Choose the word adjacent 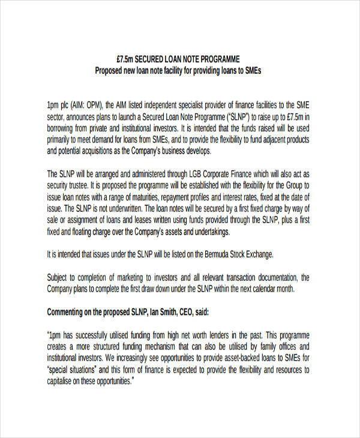click(256, 139)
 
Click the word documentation click(272, 277)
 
